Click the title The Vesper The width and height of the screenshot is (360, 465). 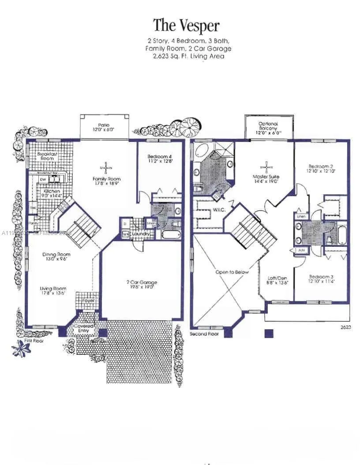pyautogui.click(x=186, y=25)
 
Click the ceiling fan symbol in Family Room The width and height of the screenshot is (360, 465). pyautogui.click(x=106, y=167)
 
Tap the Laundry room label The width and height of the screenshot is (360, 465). pyautogui.click(x=142, y=233)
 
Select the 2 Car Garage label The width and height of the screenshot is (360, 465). pyautogui.click(x=142, y=282)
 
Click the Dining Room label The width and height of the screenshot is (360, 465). pyautogui.click(x=56, y=254)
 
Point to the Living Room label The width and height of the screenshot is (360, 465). pyautogui.click(x=53, y=289)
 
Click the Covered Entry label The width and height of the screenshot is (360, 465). pyautogui.click(x=83, y=328)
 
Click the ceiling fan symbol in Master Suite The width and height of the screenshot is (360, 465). pyautogui.click(x=266, y=166)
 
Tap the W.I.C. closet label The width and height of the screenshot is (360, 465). pyautogui.click(x=219, y=209)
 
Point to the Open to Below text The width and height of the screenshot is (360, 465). pyautogui.click(x=232, y=272)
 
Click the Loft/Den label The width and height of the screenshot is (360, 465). pyautogui.click(x=278, y=278)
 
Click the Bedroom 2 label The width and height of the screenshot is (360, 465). pyautogui.click(x=320, y=167)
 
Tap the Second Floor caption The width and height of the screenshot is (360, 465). pyautogui.click(x=205, y=334)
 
